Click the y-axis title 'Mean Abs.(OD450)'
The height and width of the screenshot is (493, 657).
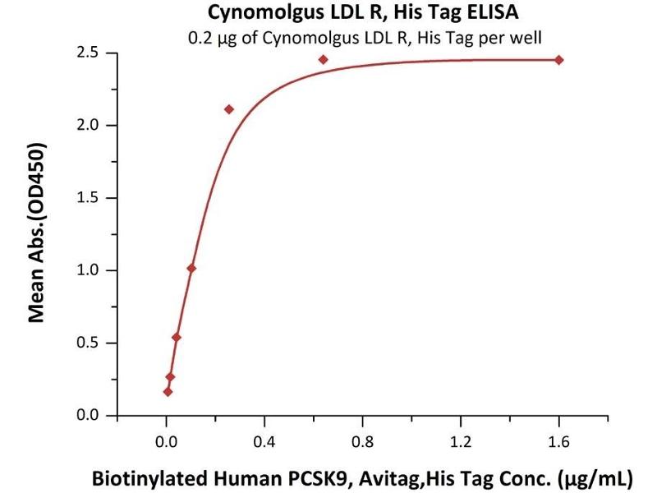37,233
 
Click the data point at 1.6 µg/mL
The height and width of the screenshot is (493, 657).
559,60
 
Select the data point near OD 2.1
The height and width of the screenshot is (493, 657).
229,109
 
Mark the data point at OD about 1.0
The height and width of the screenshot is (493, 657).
191,268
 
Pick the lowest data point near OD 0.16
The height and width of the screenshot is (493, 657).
168,392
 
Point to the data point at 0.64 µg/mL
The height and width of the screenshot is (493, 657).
324,59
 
